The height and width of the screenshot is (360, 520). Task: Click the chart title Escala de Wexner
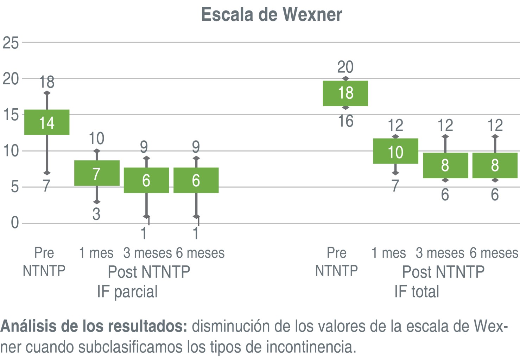(x=271, y=15)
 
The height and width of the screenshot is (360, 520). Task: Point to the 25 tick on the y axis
(x=11, y=43)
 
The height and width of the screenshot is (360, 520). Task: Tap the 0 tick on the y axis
(x=15, y=223)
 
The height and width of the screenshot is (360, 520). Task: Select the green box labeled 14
(x=47, y=122)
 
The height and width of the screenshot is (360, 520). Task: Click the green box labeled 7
(x=97, y=173)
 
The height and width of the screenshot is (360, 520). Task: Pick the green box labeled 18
(x=345, y=93)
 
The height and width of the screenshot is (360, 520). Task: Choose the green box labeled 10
(x=395, y=152)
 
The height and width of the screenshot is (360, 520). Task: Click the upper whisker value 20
(x=345, y=67)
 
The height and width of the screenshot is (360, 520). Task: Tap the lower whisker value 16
(x=345, y=121)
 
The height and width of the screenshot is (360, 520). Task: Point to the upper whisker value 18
(x=47, y=82)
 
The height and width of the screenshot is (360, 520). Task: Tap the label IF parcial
(x=127, y=292)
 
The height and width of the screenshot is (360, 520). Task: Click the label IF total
(x=417, y=292)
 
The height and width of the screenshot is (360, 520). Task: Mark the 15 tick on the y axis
(x=11, y=115)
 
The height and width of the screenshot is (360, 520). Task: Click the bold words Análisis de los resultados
(x=94, y=326)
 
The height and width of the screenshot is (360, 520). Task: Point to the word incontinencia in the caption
(x=311, y=347)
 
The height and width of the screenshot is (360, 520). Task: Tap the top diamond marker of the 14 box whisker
(x=47, y=93)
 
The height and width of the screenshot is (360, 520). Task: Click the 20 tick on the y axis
(x=11, y=79)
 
